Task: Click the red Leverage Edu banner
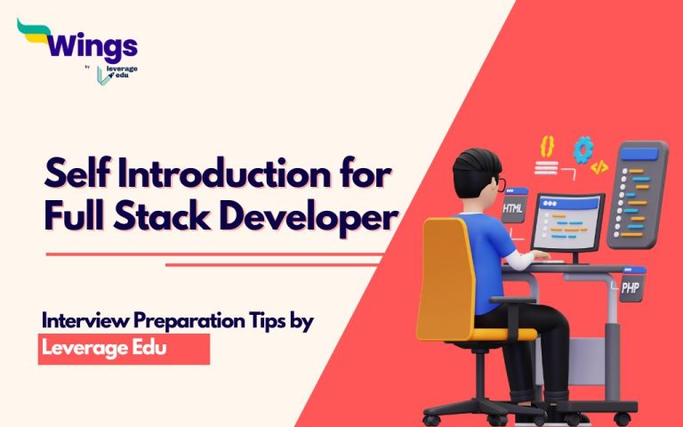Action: pyautogui.click(x=124, y=349)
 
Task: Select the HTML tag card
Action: pyautogui.click(x=514, y=208)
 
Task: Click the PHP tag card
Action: pyautogui.click(x=631, y=288)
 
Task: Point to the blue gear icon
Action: pyautogui.click(x=583, y=148)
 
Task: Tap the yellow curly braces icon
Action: pyautogui.click(x=546, y=145)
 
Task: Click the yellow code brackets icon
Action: pyautogui.click(x=599, y=166)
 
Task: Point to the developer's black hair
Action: pyautogui.click(x=471, y=170)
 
